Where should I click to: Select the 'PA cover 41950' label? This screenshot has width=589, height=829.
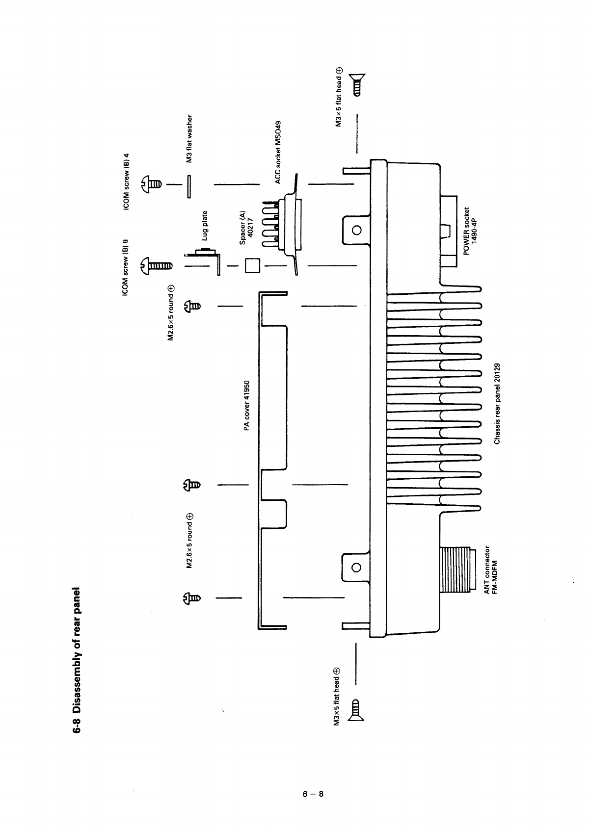247,405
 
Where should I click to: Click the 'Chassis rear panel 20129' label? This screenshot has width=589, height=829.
497,403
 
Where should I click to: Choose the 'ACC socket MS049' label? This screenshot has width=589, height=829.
278,153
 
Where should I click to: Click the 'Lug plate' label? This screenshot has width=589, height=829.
206,225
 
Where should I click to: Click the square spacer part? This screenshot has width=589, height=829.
252,265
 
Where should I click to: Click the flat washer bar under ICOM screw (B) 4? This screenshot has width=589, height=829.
188,185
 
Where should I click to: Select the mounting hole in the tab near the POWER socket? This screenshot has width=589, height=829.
357,230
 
